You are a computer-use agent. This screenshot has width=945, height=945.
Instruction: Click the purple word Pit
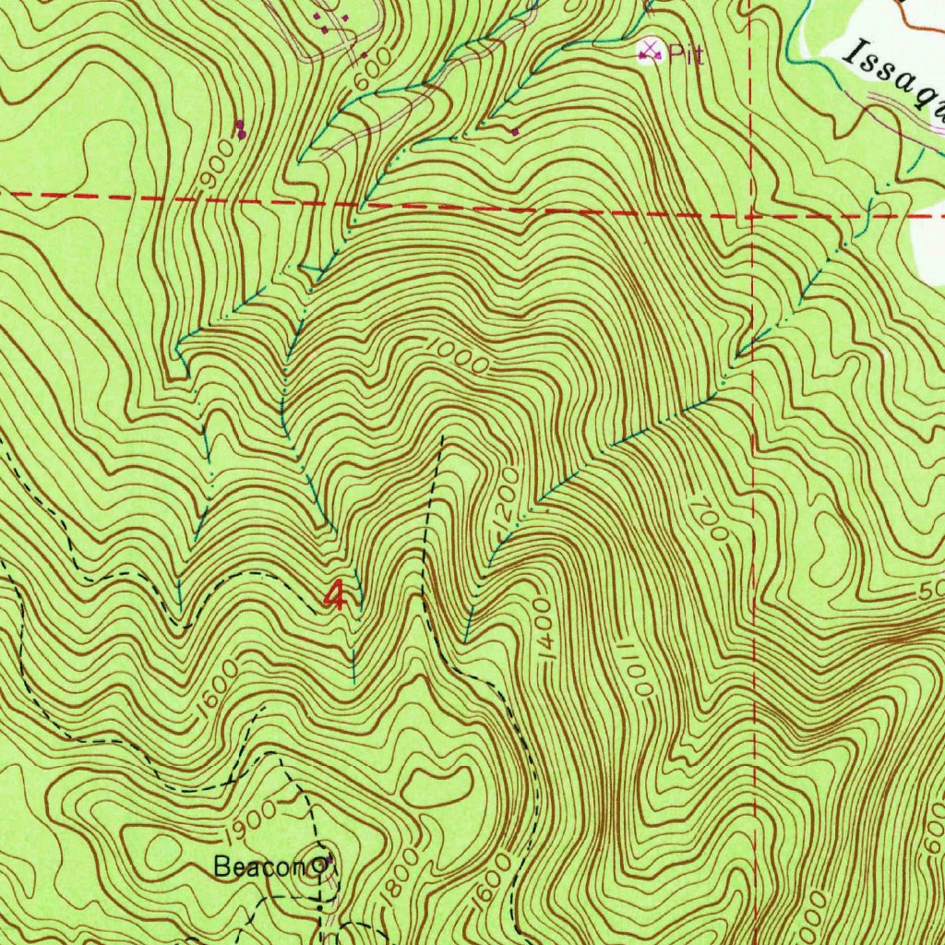click(687, 55)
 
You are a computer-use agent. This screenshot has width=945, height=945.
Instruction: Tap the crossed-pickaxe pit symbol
click(652, 50)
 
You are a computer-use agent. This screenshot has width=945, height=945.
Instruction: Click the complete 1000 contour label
click(459, 356)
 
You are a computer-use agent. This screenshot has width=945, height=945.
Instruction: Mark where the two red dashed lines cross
click(752, 216)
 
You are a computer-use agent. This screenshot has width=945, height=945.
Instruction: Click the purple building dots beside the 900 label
click(241, 129)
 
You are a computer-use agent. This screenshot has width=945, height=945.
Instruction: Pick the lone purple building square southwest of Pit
click(515, 132)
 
